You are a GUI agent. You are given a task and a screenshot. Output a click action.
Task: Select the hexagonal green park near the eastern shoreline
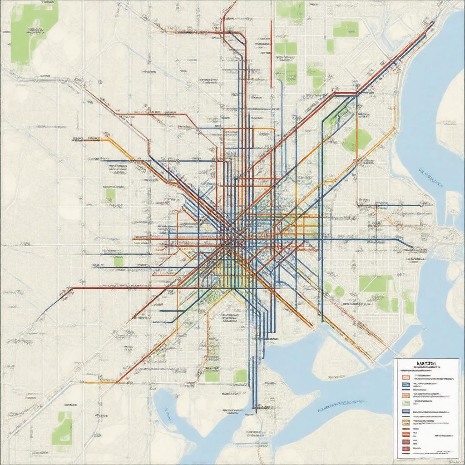pos(357,140)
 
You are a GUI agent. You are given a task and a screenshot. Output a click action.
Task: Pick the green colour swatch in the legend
pos(406,402)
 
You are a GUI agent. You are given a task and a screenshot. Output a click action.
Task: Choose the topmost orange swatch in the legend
pos(406,376)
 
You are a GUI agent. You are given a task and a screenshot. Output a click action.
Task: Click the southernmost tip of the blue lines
pos(255,411)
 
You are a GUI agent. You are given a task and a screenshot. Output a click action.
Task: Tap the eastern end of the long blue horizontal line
pos(411,247)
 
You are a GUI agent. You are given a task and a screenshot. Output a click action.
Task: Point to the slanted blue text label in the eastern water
pos(430,178)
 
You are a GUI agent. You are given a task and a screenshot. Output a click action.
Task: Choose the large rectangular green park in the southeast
pos(376,284)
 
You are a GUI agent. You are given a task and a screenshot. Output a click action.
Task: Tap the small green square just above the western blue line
pos(118,261)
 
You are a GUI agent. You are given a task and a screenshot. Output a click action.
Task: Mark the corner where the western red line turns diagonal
pos(73,288)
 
